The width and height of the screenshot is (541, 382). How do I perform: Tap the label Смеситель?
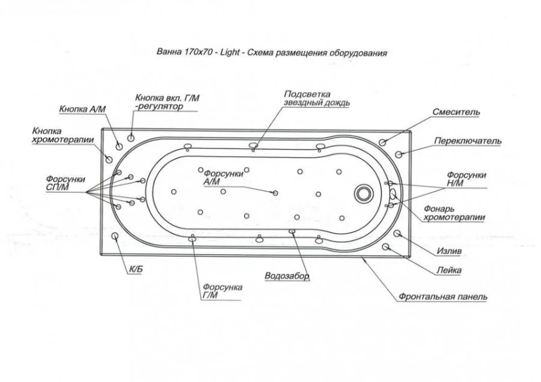point(458,112)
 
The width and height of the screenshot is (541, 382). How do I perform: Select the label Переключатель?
point(468,141)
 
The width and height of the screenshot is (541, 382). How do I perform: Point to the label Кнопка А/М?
point(82,109)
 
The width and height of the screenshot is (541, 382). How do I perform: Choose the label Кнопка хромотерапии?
point(62,135)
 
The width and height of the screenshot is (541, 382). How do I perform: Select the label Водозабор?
point(287,276)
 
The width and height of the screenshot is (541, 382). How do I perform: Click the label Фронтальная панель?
point(444,297)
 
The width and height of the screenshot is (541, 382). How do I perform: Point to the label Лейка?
point(450,270)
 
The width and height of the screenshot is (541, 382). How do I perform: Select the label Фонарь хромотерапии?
point(454,213)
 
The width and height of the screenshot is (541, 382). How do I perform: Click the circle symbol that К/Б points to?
point(116,237)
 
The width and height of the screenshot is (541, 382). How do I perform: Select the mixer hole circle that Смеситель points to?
point(382,141)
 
